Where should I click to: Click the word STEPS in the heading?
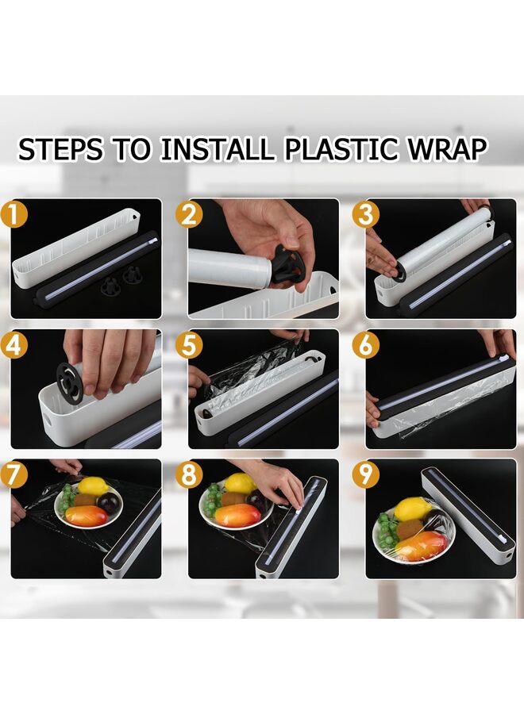coord(60,149)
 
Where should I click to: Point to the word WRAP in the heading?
coord(448,149)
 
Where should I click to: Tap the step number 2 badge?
coord(189,214)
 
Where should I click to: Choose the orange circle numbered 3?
coord(366,214)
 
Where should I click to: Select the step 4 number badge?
coord(13,345)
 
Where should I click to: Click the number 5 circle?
coord(189,345)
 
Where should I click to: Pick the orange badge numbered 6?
coord(366,345)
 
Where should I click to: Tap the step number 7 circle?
coord(13,474)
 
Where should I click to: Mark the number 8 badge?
coord(189,474)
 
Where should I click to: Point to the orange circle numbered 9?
coord(366,474)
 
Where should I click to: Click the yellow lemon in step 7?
coord(94,486)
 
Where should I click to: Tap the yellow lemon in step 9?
coord(410,509)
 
